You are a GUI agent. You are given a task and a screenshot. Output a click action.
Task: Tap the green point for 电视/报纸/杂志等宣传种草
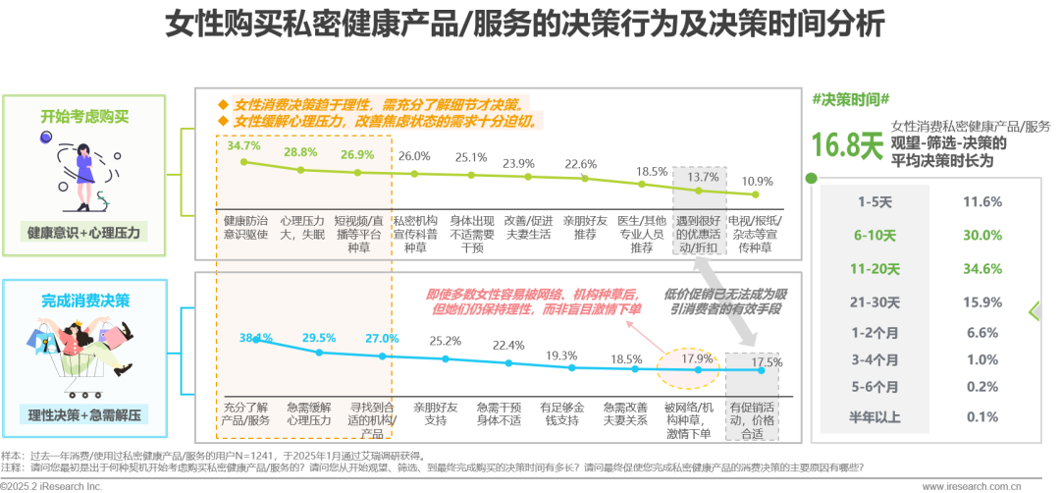(756, 194)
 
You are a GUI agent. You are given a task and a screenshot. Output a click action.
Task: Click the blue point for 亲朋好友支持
(446, 359)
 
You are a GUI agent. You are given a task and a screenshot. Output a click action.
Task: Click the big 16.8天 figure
(847, 144)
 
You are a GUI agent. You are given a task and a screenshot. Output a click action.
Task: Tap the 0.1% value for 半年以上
(982, 416)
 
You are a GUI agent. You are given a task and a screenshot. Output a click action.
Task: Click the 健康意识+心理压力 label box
(83, 233)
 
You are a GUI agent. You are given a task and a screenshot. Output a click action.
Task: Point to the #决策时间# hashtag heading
(850, 99)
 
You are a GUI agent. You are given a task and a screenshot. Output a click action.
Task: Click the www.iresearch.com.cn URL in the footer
(972, 485)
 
